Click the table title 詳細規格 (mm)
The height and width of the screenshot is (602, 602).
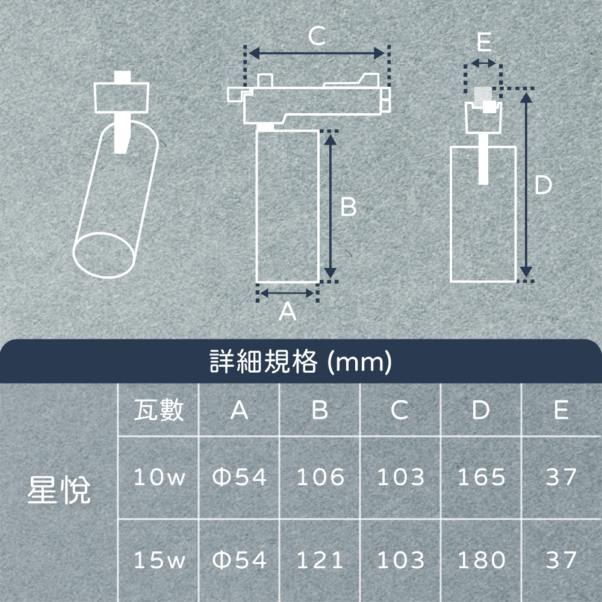pos(300,361)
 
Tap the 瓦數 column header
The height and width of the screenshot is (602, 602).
pos(158,410)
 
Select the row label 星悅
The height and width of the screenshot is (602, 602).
pos(59,489)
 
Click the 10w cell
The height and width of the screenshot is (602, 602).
pos(160,477)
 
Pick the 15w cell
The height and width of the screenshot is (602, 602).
pos(160,560)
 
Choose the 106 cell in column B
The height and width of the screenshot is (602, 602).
pos(321,477)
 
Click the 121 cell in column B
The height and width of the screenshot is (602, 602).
pos(320,560)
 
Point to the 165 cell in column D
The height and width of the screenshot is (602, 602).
pos(482,477)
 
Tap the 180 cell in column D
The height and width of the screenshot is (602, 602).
pos(482,560)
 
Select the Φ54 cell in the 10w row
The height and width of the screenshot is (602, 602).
pos(240,477)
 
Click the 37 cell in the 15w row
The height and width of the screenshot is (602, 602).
pos(561,560)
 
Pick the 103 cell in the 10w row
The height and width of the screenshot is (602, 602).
pos(401,477)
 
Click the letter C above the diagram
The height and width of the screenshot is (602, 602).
pos(317,37)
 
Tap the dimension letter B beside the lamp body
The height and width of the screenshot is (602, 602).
pos(349,207)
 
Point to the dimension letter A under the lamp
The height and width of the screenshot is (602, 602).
pos(288,311)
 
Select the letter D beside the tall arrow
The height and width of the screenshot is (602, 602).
pos(543,185)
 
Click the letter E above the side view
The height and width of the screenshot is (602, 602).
pos(484,42)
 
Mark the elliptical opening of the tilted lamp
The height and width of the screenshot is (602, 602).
pos(104,255)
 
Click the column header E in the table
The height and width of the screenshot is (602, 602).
pos(561,410)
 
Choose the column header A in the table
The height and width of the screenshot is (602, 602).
pos(239,410)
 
